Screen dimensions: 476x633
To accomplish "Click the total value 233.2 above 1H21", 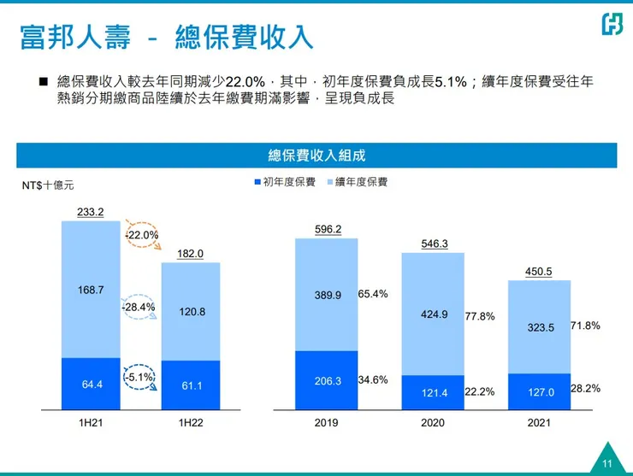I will (90, 212).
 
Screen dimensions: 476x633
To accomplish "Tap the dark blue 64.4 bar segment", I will (90, 384).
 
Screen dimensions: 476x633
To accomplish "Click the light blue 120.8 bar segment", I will (191, 312).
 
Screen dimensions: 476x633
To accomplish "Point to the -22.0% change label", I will (142, 235).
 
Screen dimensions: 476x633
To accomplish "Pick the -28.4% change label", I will (138, 306).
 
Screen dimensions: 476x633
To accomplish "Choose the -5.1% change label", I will (139, 377).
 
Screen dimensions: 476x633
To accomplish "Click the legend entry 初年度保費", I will (285, 182).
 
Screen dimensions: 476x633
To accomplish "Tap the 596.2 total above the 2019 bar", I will (327, 229).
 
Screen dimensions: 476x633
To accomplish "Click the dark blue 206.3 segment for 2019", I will (327, 379).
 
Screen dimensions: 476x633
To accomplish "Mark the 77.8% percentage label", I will (480, 316).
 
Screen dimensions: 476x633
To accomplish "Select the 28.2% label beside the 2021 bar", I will (585, 388).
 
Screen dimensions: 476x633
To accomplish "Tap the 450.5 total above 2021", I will (539, 272).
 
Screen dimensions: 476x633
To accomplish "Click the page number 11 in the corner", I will (607, 463).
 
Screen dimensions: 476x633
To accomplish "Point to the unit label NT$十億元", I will (48, 185).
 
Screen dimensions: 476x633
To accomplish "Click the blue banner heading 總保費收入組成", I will (316, 156).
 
